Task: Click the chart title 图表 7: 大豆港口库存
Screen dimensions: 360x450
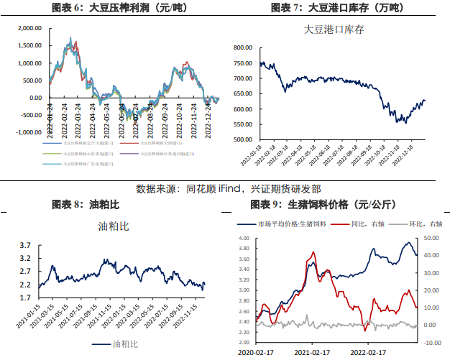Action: (336, 9)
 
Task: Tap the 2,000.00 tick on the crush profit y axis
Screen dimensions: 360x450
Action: (29, 29)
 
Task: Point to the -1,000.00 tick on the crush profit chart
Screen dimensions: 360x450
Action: (28, 132)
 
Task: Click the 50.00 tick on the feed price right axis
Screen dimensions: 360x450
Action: (430, 238)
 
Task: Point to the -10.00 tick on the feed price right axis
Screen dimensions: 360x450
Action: (431, 342)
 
